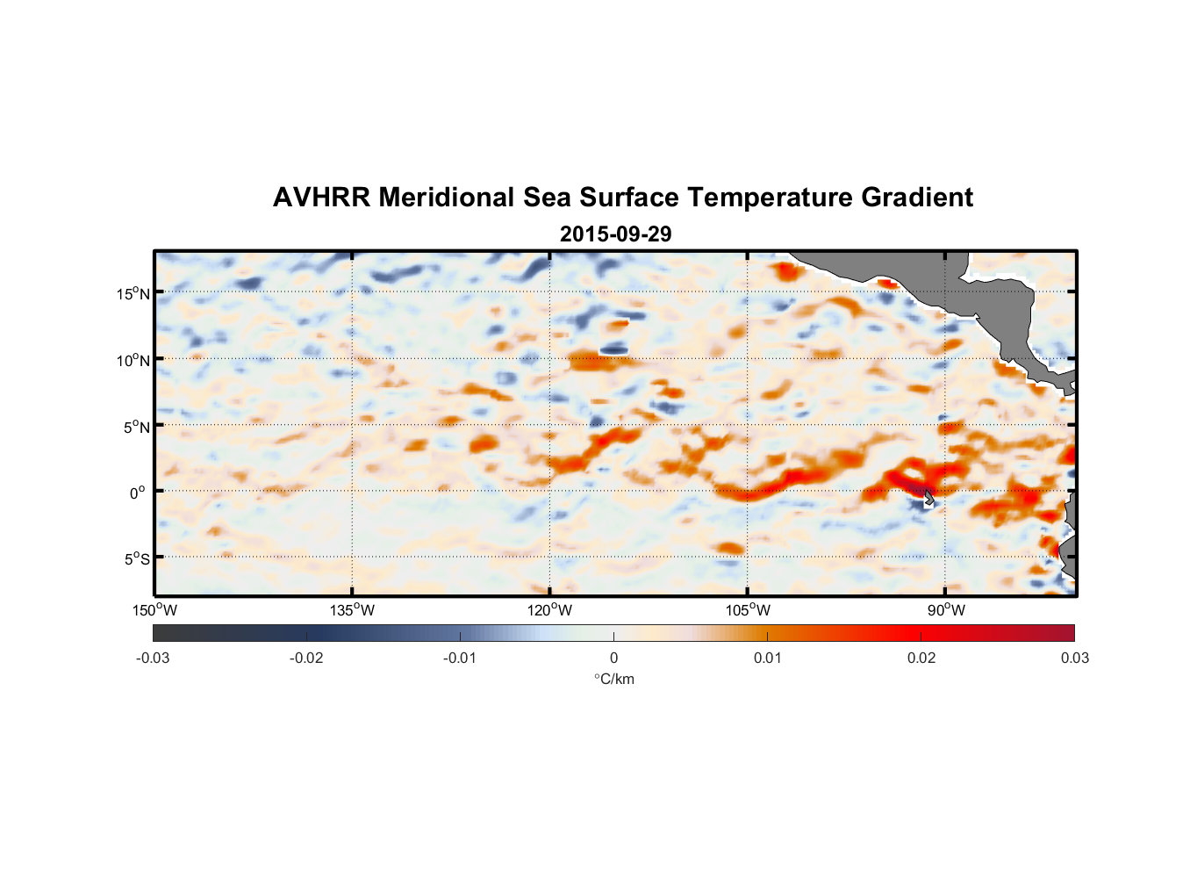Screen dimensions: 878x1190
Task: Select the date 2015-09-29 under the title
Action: (x=615, y=234)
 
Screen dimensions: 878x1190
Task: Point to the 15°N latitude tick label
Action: (x=133, y=293)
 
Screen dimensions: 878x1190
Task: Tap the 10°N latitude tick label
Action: (x=133, y=360)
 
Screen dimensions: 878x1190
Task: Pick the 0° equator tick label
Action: (x=138, y=493)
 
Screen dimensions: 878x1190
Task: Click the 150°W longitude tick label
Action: (x=155, y=610)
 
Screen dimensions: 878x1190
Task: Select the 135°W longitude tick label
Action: (x=353, y=610)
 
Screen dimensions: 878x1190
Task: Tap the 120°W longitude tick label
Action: (x=550, y=610)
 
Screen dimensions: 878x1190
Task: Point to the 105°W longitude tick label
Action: (x=748, y=610)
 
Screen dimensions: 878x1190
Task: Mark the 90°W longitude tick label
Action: (x=946, y=610)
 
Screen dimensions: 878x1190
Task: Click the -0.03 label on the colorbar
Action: (x=153, y=658)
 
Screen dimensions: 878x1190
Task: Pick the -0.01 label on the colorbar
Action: (x=460, y=658)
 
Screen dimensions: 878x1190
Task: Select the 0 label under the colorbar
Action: (x=613, y=658)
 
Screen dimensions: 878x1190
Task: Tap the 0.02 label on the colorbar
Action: (x=921, y=658)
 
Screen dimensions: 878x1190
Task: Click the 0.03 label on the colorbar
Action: (x=1074, y=658)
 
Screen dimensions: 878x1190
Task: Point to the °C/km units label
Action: (x=613, y=679)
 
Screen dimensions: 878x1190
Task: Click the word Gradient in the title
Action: (x=917, y=198)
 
